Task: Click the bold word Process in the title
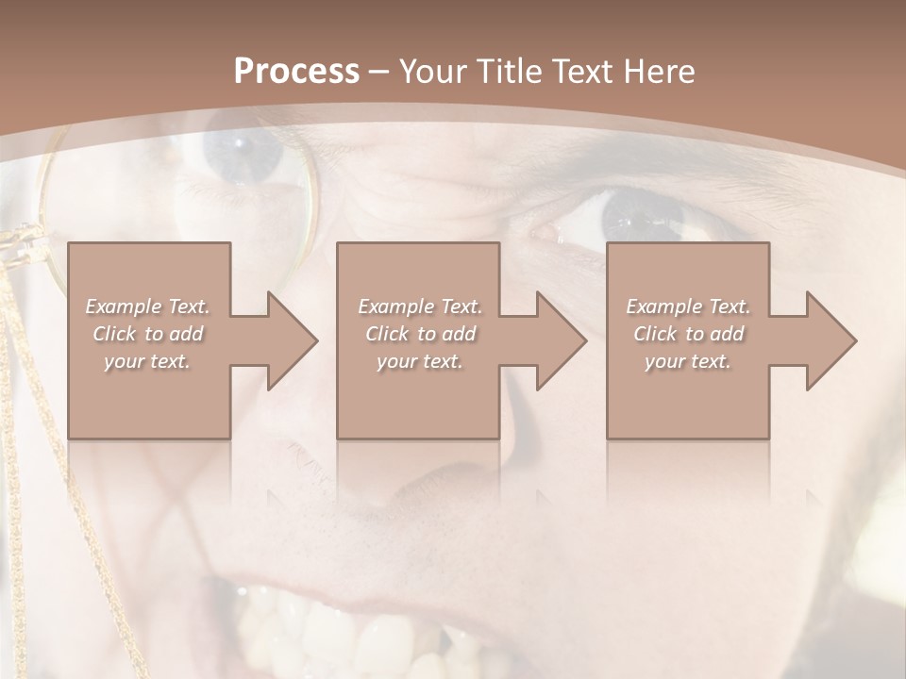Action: (296, 72)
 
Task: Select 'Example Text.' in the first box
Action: (147, 306)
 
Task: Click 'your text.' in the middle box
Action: (419, 361)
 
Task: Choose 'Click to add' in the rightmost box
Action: (689, 334)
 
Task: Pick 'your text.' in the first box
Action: (147, 361)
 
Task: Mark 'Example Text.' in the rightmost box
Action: (689, 306)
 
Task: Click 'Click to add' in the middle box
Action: (419, 334)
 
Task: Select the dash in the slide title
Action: (379, 72)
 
